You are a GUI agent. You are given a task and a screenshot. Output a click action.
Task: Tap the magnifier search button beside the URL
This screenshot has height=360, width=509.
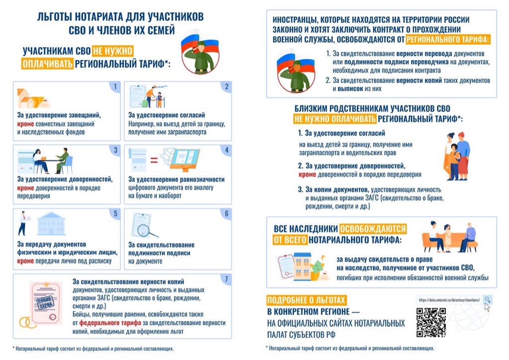point(488,300)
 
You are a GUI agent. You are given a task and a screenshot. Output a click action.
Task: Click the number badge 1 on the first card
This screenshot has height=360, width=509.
point(115,88)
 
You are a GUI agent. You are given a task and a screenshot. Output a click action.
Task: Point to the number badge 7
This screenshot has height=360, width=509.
point(226,278)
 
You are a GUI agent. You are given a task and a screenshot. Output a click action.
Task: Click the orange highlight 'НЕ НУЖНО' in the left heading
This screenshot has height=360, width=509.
point(112,51)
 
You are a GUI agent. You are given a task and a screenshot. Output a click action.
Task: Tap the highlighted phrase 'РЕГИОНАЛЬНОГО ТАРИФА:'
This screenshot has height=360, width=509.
point(447,39)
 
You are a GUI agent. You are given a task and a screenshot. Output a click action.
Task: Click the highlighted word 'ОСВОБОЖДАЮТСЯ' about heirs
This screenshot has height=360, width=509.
point(372,229)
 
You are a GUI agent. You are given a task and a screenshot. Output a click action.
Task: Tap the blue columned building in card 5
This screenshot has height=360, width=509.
point(51,223)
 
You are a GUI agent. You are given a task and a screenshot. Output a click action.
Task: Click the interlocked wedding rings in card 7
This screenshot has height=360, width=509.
point(26,322)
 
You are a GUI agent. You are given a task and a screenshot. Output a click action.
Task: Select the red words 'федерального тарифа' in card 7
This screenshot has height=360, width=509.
point(102,322)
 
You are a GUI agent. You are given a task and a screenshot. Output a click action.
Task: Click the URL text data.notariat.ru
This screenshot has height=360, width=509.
point(449,300)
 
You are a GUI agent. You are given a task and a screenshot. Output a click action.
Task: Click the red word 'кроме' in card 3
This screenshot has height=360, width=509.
point(25,188)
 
